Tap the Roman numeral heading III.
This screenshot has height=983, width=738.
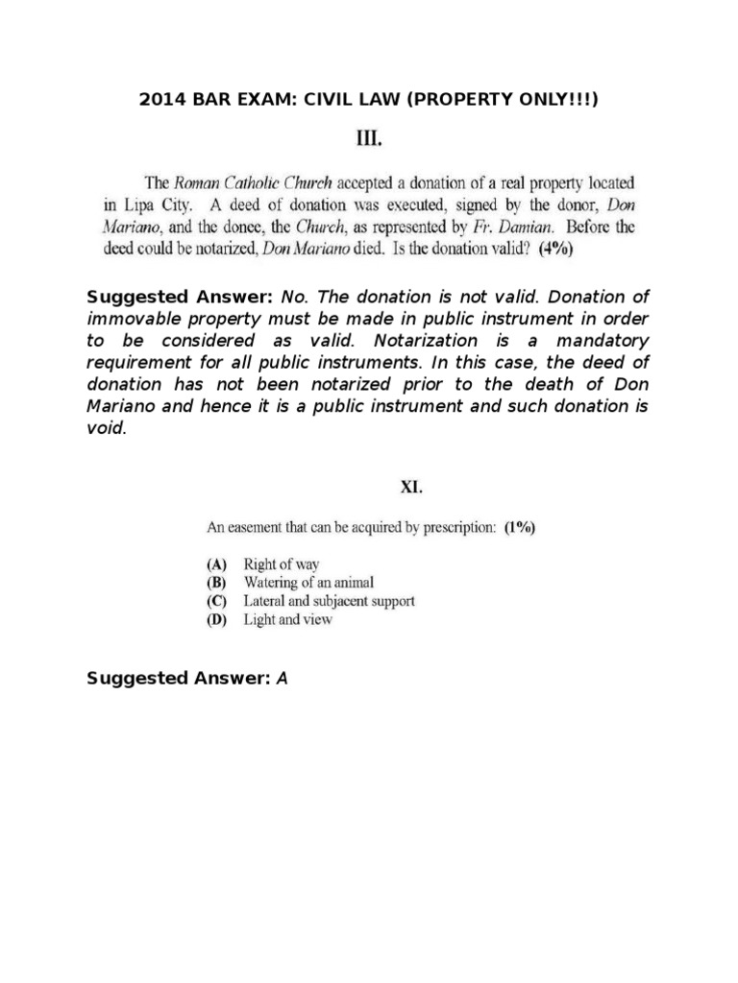click(369, 140)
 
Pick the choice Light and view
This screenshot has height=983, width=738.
click(287, 620)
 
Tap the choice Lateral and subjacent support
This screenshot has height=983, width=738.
click(329, 602)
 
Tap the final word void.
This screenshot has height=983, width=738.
click(105, 428)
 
